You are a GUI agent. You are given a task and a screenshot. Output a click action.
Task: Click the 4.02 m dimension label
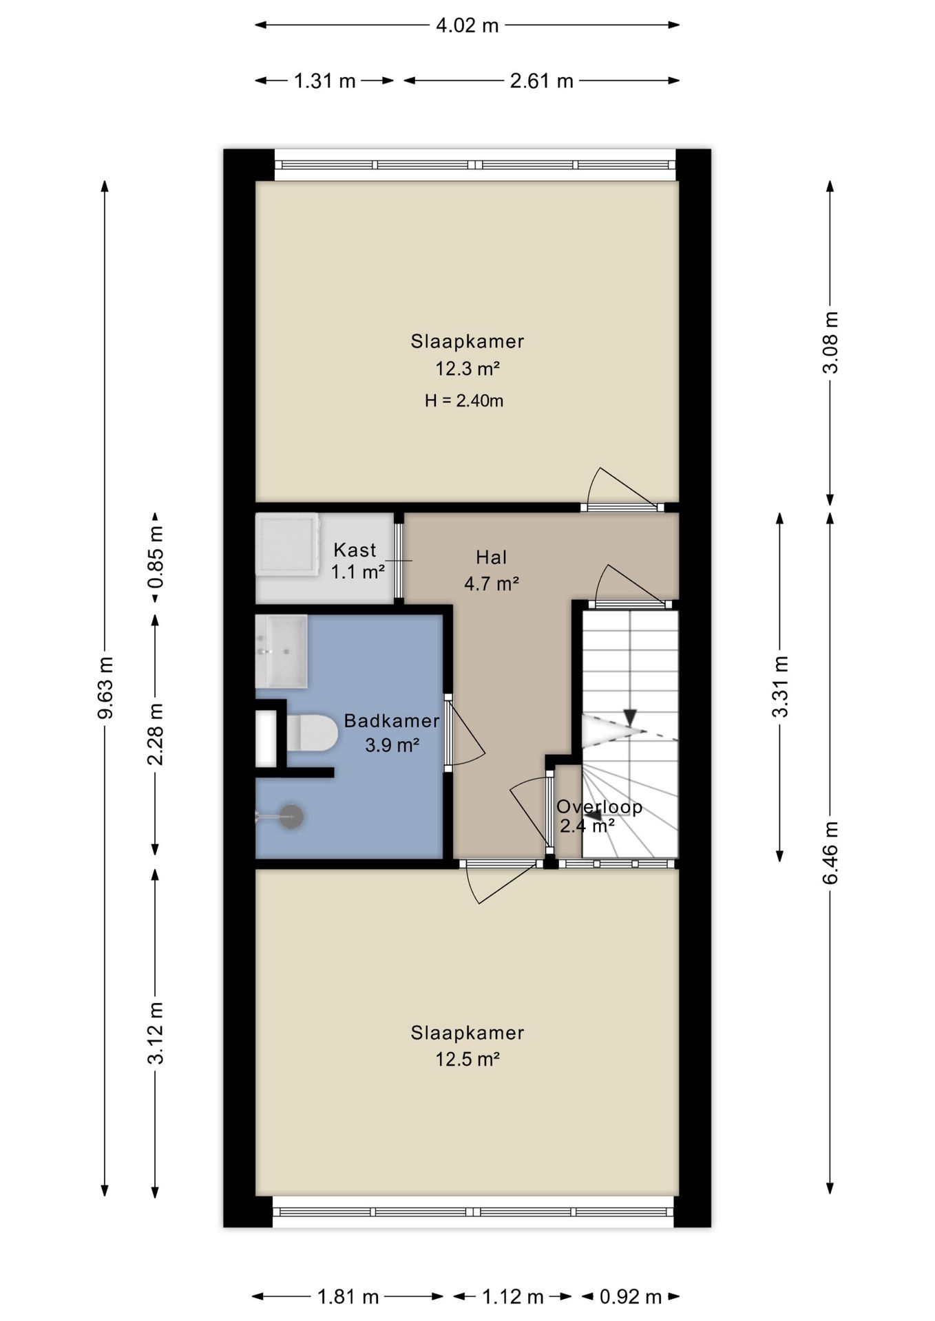coord(467,25)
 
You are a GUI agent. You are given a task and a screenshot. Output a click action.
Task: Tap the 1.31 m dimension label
coord(325,81)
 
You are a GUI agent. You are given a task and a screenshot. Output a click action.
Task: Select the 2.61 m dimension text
coord(541,81)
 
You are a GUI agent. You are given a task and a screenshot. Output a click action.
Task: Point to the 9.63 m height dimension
coord(105,688)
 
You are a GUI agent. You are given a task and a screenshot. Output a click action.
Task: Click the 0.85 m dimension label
coord(156,557)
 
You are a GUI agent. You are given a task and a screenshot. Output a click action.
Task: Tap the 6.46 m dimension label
coord(830,853)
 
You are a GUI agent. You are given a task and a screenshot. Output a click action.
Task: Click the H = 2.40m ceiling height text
coord(464,400)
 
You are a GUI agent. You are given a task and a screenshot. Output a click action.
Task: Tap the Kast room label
coord(355,550)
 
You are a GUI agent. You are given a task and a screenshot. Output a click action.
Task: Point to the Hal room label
coord(492,557)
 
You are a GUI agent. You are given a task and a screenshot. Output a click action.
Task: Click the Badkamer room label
coord(392,720)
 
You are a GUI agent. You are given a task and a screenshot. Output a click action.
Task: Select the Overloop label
coord(599,806)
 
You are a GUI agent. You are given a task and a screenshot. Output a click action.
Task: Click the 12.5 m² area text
coord(467,1059)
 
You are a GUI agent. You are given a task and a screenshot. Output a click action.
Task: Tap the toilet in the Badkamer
coord(311,733)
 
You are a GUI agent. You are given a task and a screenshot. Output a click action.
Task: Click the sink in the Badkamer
coord(281,652)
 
